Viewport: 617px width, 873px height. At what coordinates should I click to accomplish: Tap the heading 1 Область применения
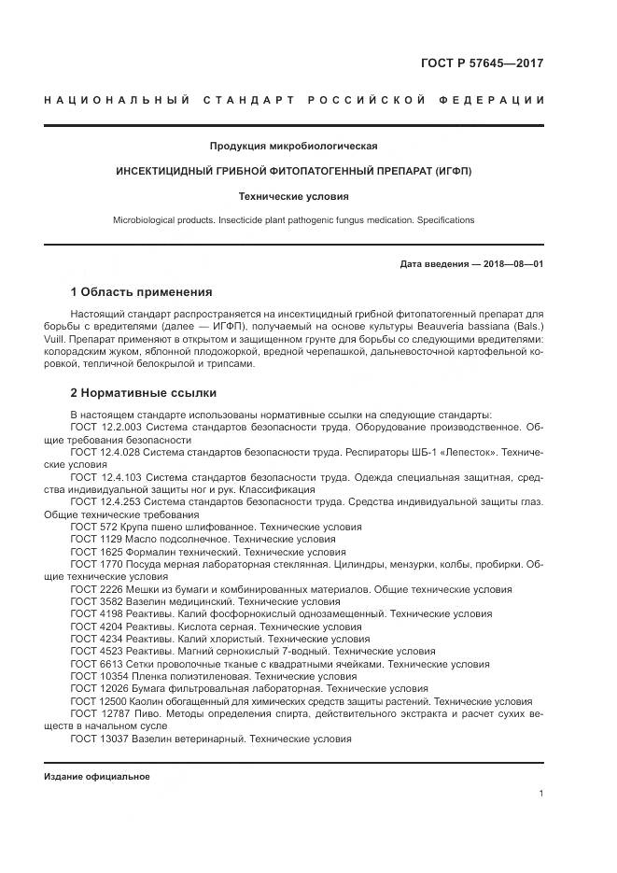(141, 292)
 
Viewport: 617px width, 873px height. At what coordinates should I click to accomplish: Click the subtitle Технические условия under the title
(293, 196)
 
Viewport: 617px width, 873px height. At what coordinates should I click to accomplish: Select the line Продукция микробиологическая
(293, 146)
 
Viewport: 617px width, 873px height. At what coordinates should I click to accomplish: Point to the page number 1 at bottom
(540, 794)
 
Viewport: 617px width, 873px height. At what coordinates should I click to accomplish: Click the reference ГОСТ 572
(92, 527)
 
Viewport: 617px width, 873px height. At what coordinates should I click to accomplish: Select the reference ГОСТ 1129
(95, 540)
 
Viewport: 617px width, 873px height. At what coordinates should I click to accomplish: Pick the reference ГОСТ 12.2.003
(105, 427)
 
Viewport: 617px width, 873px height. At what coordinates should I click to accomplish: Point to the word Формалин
(149, 552)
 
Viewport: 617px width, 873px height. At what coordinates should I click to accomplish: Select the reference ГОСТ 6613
(95, 663)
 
